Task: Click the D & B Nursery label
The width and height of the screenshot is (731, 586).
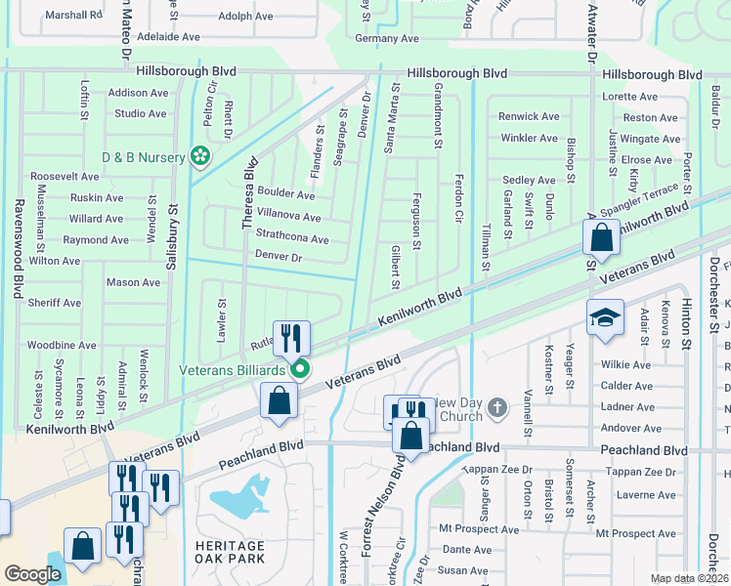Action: tap(144, 157)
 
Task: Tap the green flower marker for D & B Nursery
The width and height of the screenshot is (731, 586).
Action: tap(200, 156)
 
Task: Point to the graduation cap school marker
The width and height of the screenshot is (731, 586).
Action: tap(605, 318)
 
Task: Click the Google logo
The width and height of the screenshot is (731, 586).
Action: tap(32, 574)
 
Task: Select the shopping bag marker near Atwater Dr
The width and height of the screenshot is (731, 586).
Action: tap(601, 236)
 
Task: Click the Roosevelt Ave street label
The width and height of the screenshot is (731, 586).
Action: tap(64, 177)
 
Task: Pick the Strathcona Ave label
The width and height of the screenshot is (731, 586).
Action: tap(292, 238)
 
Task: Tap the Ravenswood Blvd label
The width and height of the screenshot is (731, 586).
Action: tap(18, 249)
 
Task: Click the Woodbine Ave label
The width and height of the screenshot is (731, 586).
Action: tap(61, 345)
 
